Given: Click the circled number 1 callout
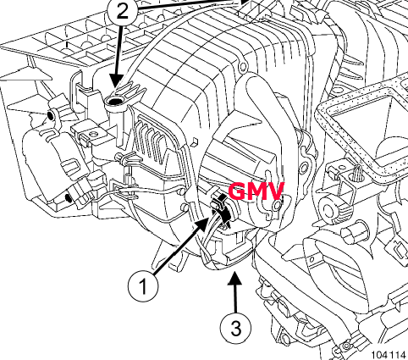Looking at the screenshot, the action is [143, 285].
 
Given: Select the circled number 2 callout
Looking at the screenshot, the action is [122, 12].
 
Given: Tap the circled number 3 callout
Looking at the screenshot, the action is [235, 328].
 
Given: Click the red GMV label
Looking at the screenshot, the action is [256, 191].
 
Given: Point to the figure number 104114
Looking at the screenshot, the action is [389, 355].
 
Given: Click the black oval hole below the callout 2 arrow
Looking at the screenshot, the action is [114, 100].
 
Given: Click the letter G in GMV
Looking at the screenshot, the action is [237, 191].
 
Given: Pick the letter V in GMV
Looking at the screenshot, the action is [275, 191].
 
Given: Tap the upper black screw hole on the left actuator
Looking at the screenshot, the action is [50, 115].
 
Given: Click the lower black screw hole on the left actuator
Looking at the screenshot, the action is [68, 198].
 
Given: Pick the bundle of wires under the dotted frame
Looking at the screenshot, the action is [357, 173].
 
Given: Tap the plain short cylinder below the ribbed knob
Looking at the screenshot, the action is [355, 230].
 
